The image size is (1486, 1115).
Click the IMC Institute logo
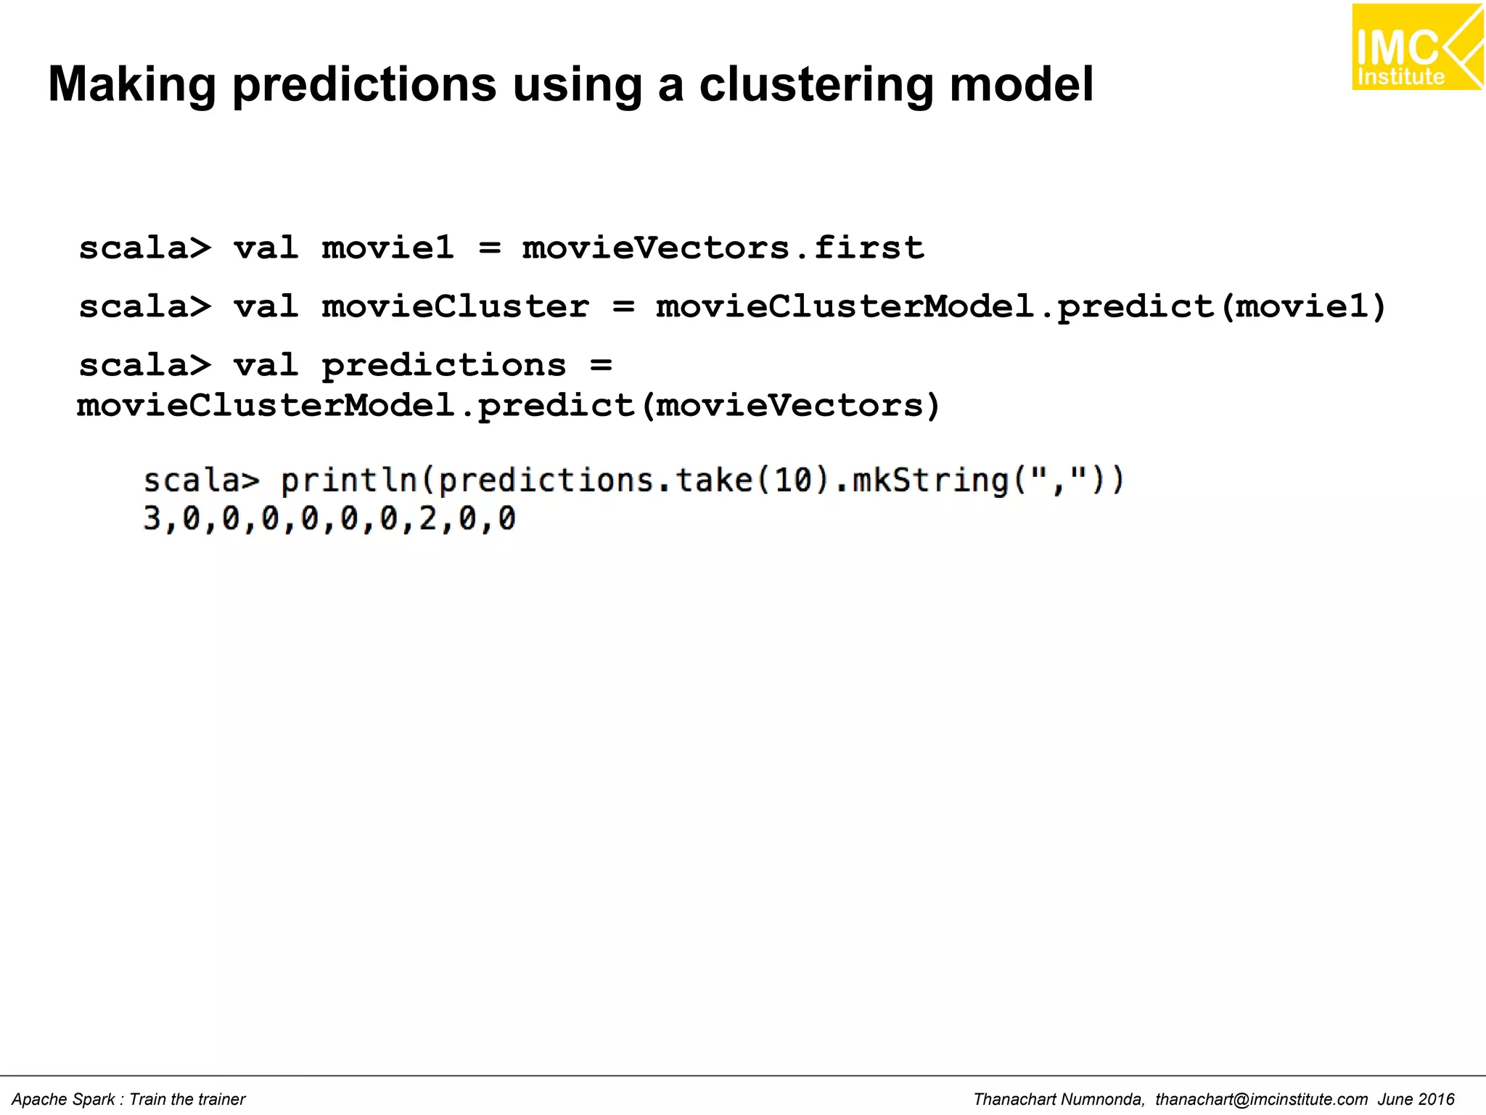[1416, 48]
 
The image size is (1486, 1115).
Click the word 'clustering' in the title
[816, 85]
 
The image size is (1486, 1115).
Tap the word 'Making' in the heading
[132, 85]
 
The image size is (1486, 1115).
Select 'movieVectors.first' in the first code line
[723, 248]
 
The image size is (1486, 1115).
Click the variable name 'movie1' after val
[388, 248]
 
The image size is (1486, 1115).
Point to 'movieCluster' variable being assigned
[455, 307]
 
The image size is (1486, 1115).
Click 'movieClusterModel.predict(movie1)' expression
[1021, 307]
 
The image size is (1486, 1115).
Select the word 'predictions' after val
[443, 365]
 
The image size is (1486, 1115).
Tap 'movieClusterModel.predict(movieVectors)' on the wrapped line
[509, 406]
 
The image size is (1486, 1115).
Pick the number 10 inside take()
[793, 481]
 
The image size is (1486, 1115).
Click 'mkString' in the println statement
[930, 481]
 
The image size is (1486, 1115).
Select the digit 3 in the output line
[152, 519]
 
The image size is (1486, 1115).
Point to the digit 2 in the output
[428, 519]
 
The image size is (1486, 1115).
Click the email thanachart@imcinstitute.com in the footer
[1261, 1100]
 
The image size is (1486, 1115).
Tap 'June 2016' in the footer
[1416, 1100]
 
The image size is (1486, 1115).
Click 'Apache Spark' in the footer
[63, 1100]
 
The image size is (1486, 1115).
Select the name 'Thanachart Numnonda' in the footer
[1059, 1100]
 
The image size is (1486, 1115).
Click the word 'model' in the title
[1021, 85]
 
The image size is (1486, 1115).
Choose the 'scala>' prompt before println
[201, 481]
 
